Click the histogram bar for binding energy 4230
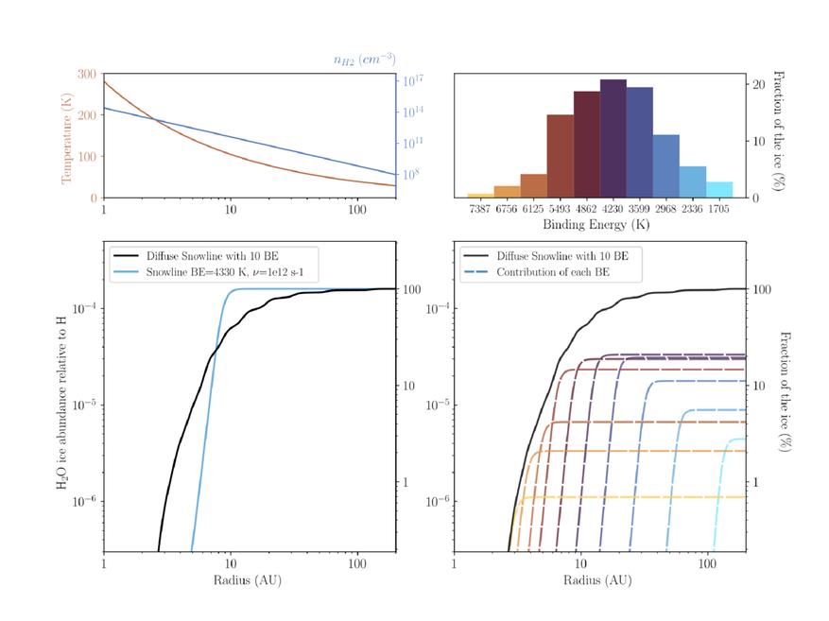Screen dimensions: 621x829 [613, 139]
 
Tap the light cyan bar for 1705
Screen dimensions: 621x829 [718, 189]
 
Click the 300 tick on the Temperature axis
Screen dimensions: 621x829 [86, 74]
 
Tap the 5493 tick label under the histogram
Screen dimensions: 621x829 [560, 211]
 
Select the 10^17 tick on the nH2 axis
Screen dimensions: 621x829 [411, 81]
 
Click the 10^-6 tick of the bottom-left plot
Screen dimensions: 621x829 [80, 501]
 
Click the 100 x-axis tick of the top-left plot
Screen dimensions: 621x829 [357, 210]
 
